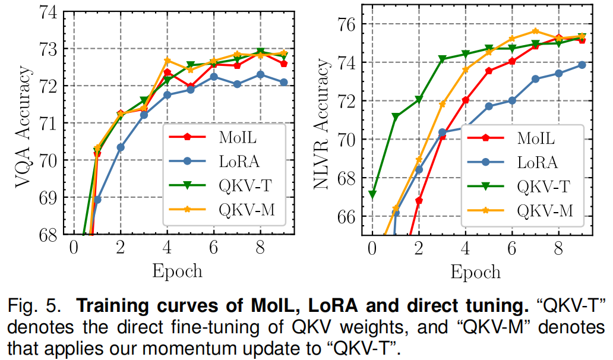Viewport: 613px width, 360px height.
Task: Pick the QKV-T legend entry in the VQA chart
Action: point(238,185)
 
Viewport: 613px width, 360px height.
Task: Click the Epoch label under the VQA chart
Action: point(176,271)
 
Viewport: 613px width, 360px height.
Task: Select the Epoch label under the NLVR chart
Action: point(475,271)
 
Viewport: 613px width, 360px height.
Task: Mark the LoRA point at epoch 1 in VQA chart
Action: point(97,200)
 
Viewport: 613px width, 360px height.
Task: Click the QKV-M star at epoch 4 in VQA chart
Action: point(167,61)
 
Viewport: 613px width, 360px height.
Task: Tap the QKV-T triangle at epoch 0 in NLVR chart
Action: point(372,194)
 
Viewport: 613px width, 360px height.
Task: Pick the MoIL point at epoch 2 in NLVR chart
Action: point(419,200)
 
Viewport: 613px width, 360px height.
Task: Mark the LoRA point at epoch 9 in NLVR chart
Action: point(582,65)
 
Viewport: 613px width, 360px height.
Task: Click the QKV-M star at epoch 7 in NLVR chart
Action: point(535,31)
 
